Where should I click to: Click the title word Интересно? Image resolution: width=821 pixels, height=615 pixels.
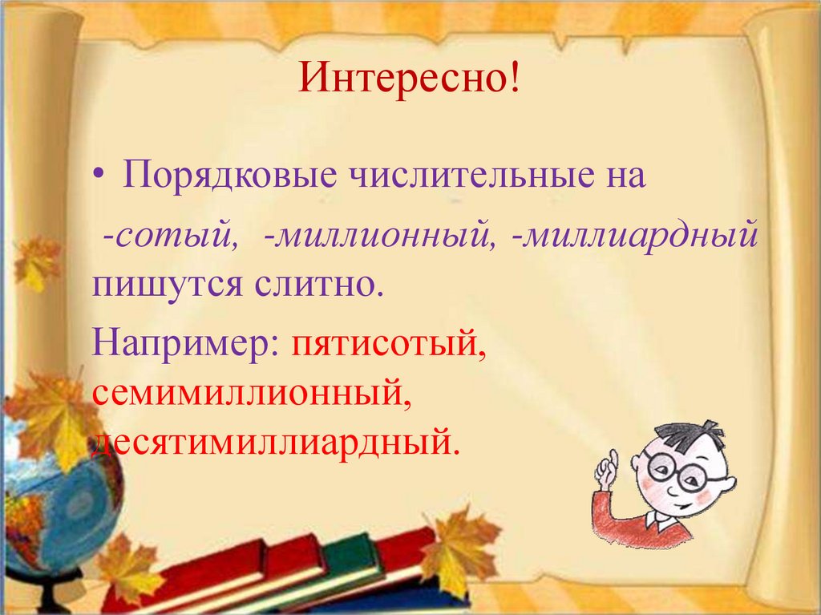tap(410, 82)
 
